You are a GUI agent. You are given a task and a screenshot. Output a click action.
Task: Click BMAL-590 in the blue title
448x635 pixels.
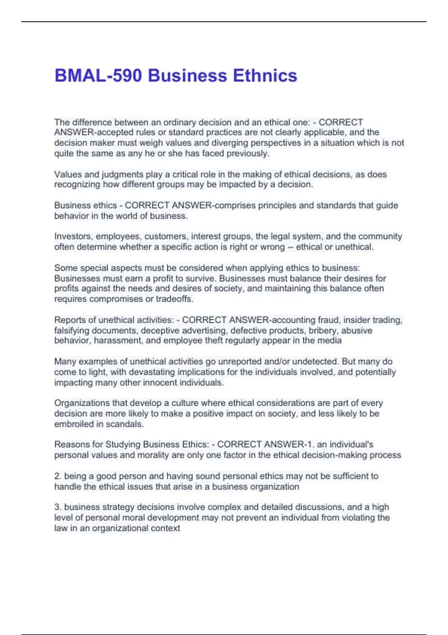[x=98, y=75]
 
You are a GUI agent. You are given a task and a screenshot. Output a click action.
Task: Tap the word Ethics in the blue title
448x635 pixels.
[x=265, y=75]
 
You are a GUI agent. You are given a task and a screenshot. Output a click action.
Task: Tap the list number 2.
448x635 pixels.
[x=57, y=476]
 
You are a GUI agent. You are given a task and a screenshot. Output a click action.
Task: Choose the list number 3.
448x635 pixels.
[x=57, y=507]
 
